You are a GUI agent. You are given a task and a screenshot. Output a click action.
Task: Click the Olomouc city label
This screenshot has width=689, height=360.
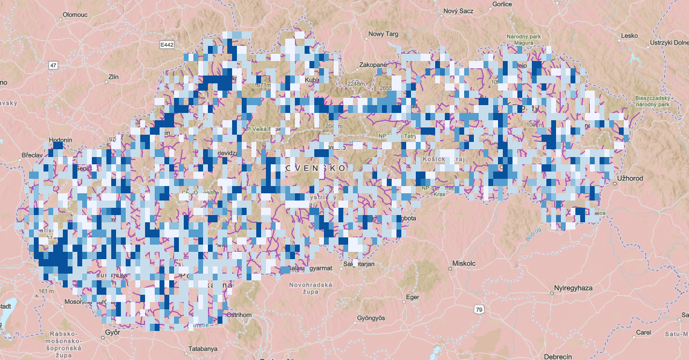tap(75, 14)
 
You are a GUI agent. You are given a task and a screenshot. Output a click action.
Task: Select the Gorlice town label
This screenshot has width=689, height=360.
tap(502, 4)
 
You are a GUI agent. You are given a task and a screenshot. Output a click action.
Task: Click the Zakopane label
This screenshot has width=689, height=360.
tap(372, 65)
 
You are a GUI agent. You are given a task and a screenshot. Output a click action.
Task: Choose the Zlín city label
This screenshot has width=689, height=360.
tap(113, 77)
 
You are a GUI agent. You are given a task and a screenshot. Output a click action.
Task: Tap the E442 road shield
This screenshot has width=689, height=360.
tap(167, 45)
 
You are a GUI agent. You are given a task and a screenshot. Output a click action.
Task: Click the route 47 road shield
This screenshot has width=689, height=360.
tap(54, 65)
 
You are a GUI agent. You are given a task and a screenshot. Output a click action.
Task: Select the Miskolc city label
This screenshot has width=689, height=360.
tap(464, 263)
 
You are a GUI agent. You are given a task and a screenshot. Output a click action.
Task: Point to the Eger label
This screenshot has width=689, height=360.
tap(412, 297)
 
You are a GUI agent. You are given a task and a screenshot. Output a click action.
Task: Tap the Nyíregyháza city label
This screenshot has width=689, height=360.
tap(575, 289)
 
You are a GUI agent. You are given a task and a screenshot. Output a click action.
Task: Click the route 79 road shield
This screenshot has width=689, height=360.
tap(479, 310)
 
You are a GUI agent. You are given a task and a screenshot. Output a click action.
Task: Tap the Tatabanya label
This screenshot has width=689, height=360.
tap(202, 349)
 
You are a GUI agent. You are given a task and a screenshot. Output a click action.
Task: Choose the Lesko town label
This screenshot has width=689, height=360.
tap(629, 36)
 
